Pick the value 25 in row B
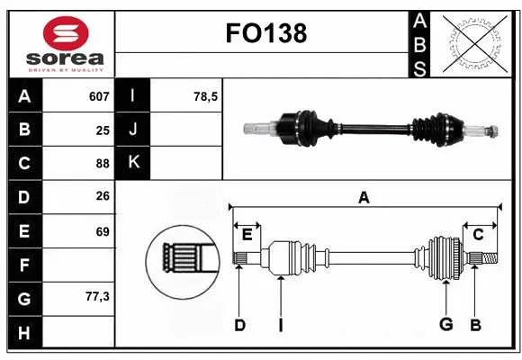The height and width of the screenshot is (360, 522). pyautogui.click(x=103, y=130)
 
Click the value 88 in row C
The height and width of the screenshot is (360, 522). pyautogui.click(x=103, y=164)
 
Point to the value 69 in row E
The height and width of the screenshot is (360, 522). pyautogui.click(x=103, y=231)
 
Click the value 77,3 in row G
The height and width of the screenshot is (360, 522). pyautogui.click(x=97, y=298)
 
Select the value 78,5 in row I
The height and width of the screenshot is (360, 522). pyautogui.click(x=207, y=96)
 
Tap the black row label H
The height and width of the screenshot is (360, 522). pyautogui.click(x=23, y=332)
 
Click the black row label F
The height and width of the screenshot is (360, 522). pyautogui.click(x=23, y=265)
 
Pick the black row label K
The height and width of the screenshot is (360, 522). pyautogui.click(x=133, y=164)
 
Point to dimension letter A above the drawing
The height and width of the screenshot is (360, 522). pyautogui.click(x=364, y=198)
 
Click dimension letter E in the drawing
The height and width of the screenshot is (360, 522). pyautogui.click(x=247, y=235)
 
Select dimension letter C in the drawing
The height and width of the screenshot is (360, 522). pyautogui.click(x=478, y=235)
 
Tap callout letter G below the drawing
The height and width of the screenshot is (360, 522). pyautogui.click(x=445, y=325)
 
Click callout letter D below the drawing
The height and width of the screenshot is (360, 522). pyautogui.click(x=239, y=325)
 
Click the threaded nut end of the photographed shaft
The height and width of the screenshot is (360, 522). pyautogui.click(x=492, y=131)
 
